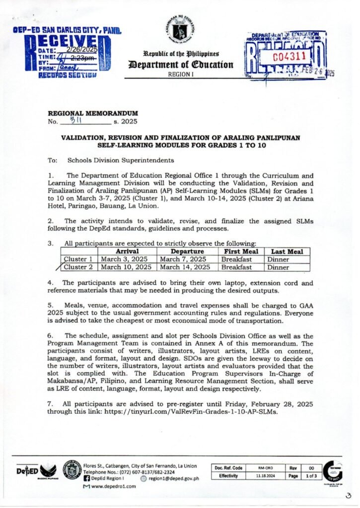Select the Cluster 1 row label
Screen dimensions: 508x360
click(78, 259)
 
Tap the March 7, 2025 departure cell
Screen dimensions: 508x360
click(183, 259)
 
